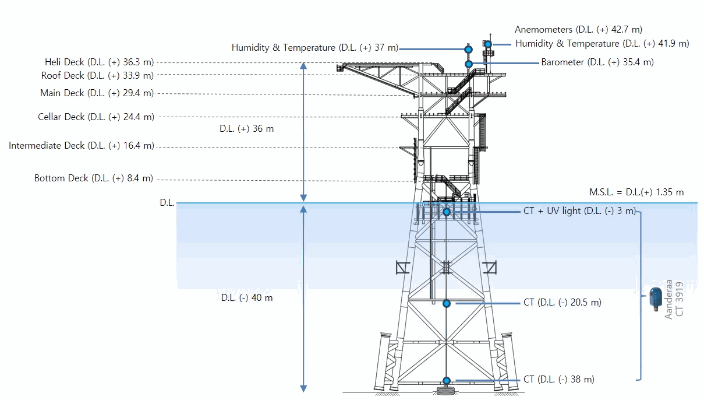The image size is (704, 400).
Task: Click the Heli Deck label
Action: point(100,62)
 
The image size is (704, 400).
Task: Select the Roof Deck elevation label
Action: point(97,76)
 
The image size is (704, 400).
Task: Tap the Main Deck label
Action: point(97,93)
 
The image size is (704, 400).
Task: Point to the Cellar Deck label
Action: point(96,117)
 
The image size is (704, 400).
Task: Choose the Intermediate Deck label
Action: point(82,146)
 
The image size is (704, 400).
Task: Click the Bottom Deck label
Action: point(94,178)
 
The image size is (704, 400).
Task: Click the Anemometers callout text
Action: point(578,30)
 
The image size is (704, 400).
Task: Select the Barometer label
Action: point(597,62)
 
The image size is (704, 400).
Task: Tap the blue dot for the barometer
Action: point(469,64)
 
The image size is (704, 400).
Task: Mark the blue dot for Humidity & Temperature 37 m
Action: point(468,50)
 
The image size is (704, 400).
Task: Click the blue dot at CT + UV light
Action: point(447,212)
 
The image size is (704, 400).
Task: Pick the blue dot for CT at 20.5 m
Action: point(447,304)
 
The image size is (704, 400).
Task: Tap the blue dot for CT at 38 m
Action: point(447,381)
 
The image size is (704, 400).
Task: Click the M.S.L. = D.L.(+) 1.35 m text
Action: point(636,192)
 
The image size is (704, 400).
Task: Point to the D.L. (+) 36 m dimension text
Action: point(247,129)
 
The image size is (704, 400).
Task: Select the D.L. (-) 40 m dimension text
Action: point(247,298)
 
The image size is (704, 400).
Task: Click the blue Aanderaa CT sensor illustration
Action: point(656,299)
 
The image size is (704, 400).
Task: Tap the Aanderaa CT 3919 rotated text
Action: point(674,299)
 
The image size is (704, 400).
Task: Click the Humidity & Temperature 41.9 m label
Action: point(602,43)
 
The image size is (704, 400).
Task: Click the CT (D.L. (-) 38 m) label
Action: point(559,380)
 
